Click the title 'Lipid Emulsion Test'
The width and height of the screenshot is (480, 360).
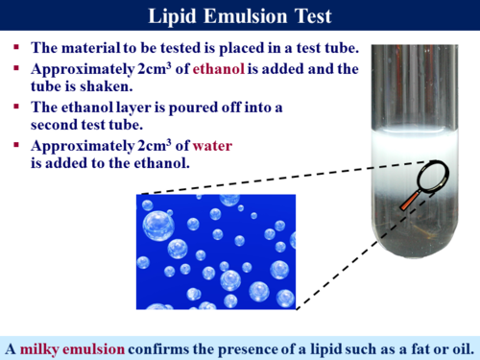239,16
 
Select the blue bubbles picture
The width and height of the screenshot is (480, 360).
216,252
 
